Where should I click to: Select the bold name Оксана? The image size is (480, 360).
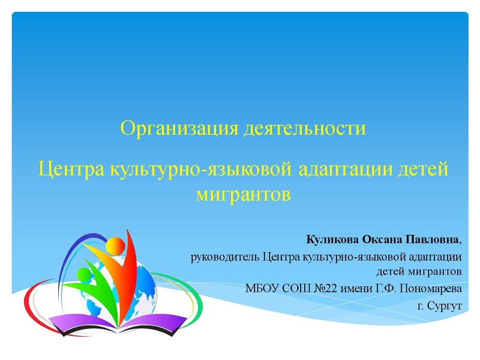[381, 240]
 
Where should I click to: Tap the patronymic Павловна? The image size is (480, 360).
[432, 240]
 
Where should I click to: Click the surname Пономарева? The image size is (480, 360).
[430, 289]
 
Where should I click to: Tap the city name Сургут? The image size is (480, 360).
[444, 305]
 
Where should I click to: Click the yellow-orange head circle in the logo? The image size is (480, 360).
[114, 245]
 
